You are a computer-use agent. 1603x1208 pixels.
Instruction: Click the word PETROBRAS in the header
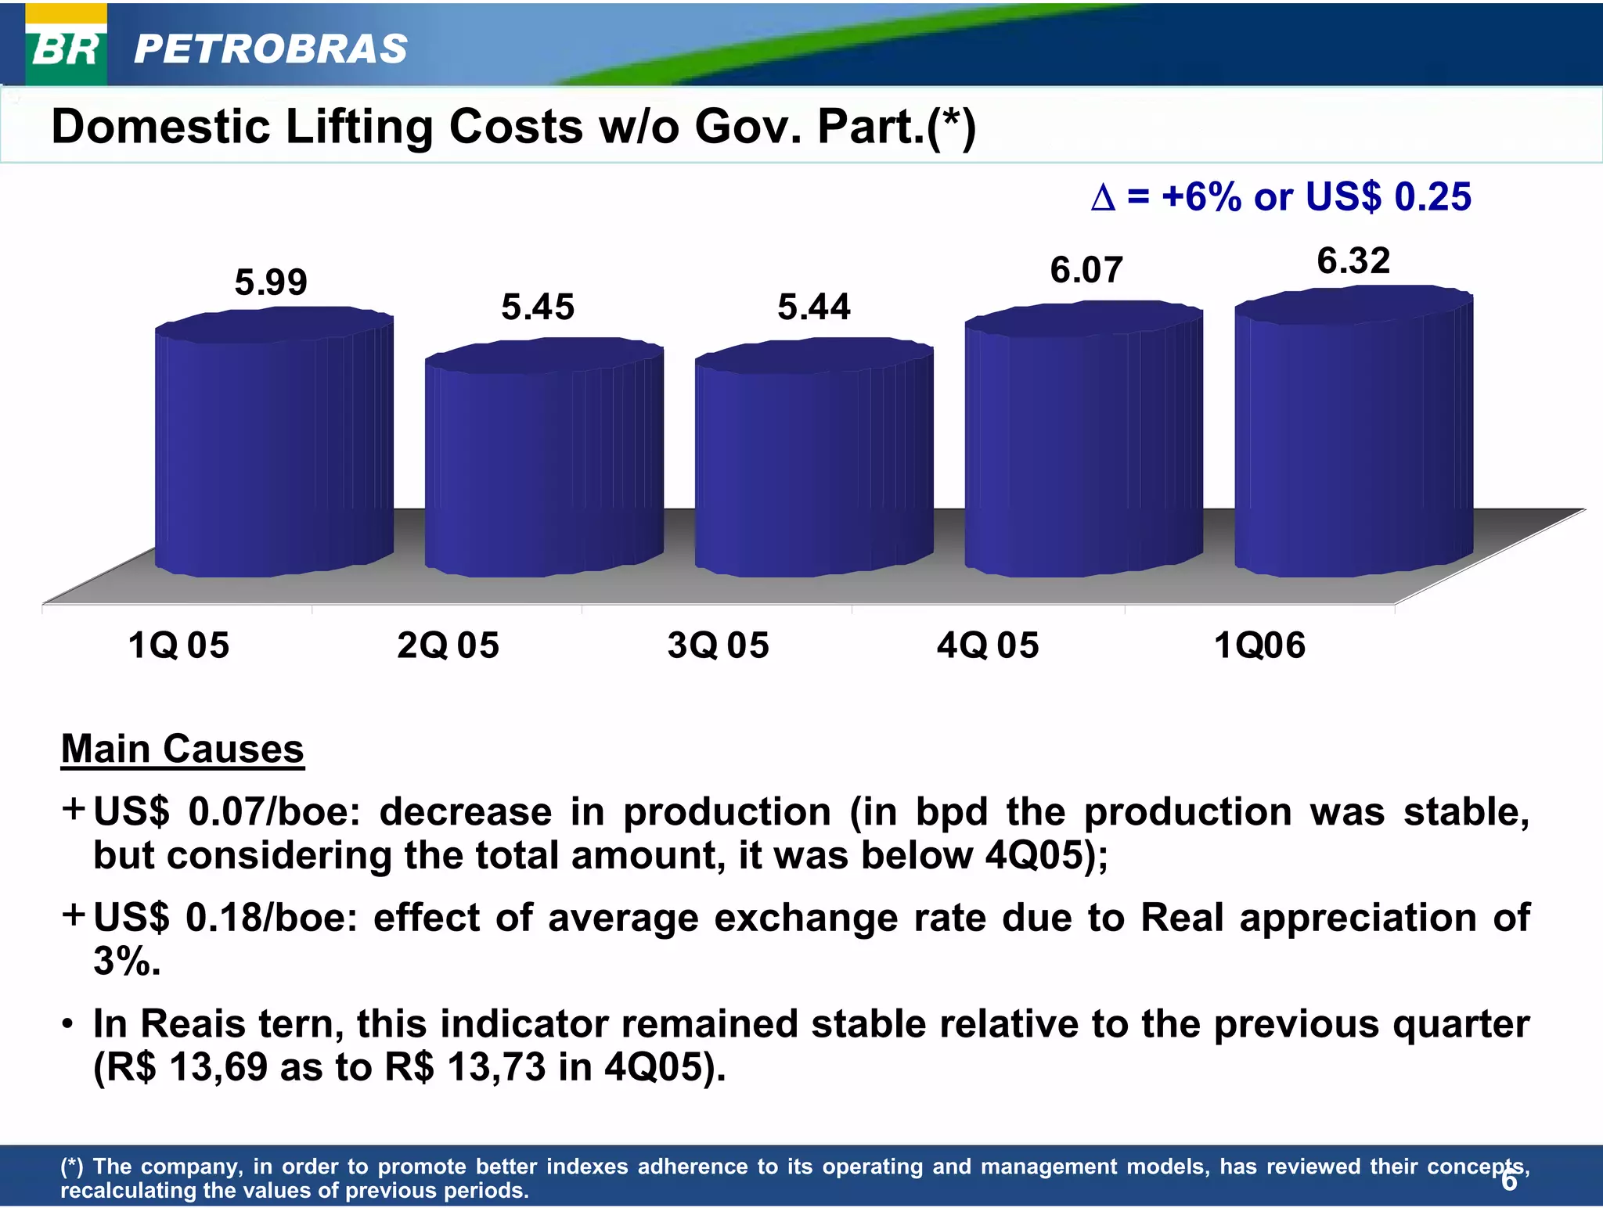271,49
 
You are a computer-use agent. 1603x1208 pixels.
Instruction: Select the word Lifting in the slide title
358,127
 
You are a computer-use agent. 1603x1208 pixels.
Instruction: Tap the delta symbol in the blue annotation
1102,198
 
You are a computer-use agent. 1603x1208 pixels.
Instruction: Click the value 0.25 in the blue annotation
1432,196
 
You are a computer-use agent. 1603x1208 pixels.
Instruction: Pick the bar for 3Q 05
813,462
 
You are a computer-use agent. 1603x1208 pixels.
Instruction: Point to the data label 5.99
271,282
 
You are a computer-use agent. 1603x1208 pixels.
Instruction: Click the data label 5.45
538,307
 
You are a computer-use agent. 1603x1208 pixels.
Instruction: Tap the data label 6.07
1086,271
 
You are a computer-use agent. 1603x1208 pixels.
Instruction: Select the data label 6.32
1353,261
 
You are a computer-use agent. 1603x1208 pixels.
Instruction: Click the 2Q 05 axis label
448,646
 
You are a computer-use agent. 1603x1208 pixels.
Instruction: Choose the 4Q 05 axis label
988,646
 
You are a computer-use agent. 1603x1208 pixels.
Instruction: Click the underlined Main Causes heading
182,750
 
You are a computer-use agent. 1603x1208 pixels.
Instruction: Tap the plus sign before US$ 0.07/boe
74,808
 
